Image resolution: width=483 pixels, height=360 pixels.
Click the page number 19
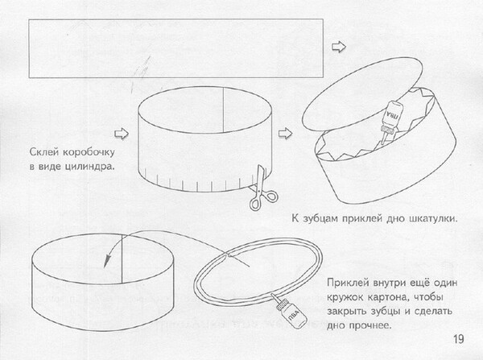(x=458, y=339)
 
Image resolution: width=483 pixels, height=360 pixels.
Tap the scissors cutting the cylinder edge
(x=262, y=188)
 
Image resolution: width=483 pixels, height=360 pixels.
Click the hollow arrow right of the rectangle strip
(x=339, y=47)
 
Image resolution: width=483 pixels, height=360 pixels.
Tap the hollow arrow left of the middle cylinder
(x=122, y=134)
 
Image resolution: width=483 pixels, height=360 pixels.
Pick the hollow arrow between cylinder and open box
(x=285, y=134)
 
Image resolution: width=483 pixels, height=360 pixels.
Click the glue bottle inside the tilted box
(x=389, y=122)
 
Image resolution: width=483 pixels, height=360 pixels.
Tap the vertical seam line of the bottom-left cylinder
(x=122, y=259)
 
